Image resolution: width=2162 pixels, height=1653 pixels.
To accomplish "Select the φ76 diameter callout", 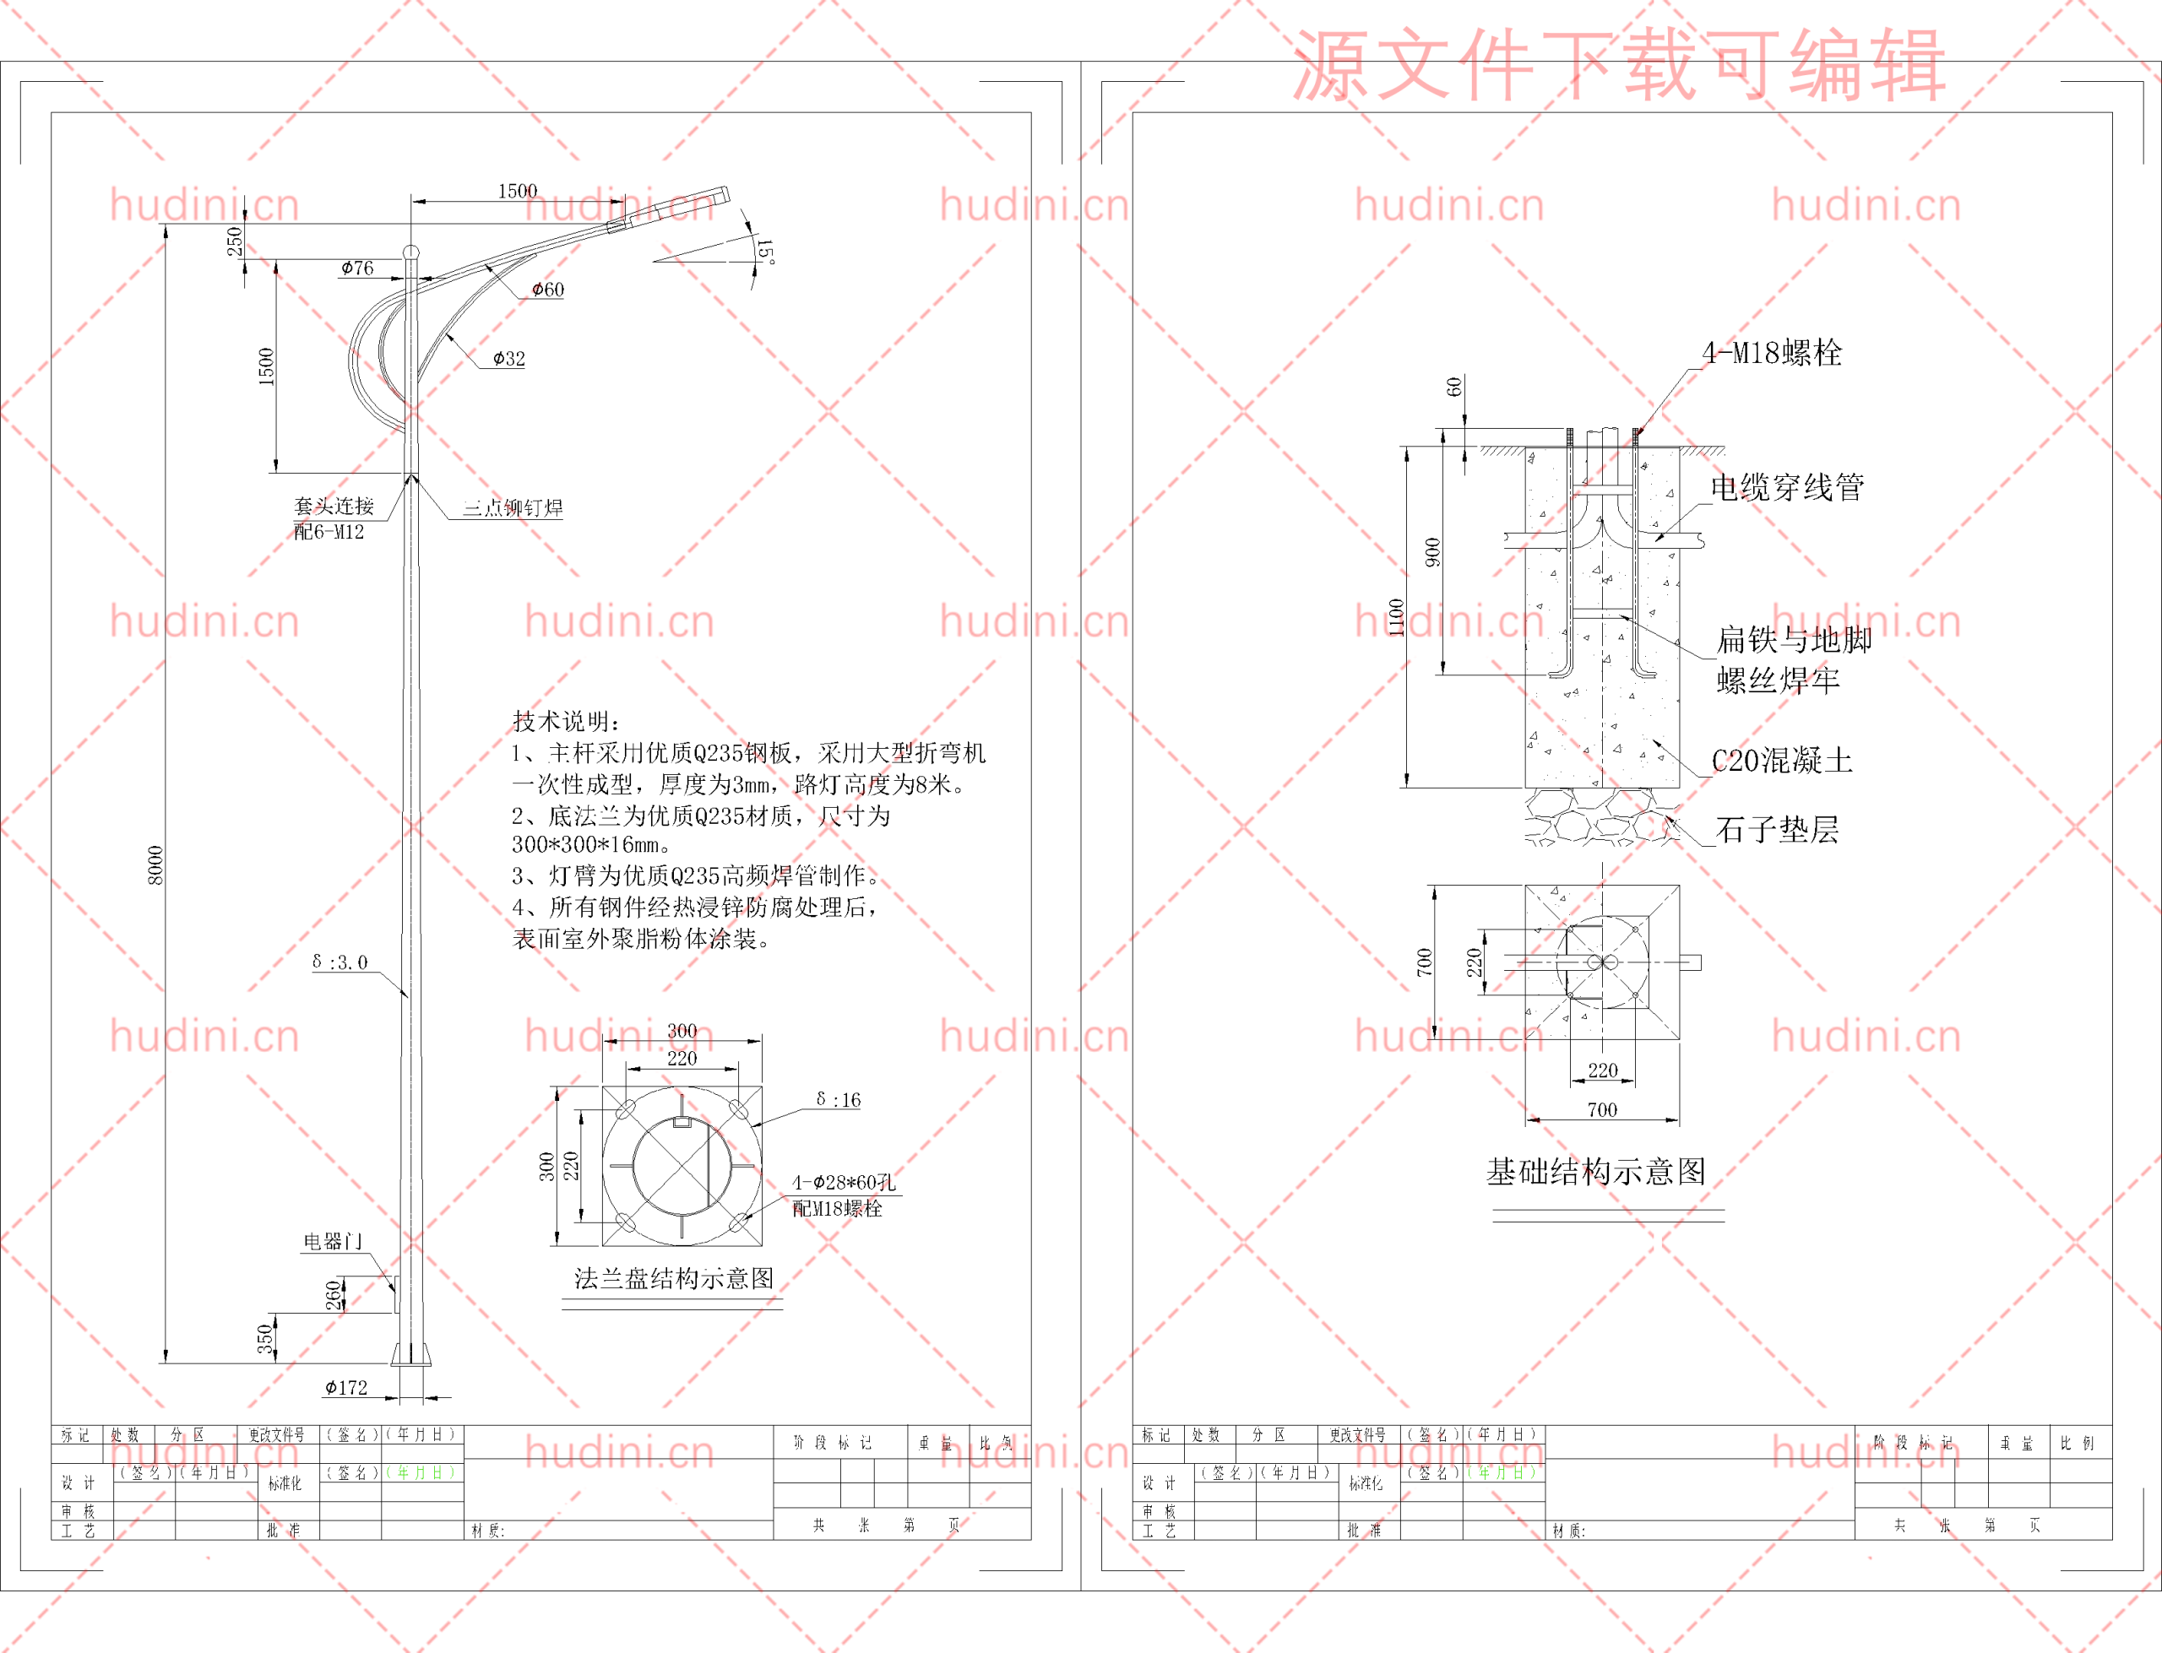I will coord(357,268).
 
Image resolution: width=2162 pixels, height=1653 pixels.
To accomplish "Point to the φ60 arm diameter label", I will coord(548,290).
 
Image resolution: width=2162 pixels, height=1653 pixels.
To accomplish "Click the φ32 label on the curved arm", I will coord(508,358).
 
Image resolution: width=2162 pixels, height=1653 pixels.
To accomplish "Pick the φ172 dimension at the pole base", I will coord(346,1387).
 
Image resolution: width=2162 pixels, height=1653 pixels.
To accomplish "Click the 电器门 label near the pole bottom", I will coord(333,1241).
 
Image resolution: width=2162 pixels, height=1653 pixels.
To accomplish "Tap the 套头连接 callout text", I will coord(334,506).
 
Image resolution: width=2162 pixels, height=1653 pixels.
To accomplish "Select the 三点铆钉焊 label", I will coord(513,507).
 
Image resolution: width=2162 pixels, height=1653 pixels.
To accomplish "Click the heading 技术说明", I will coord(566,720).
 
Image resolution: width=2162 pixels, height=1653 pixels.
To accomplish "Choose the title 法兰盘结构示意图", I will coord(674,1278).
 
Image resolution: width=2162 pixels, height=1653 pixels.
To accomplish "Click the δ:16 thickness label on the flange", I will coord(839,1100).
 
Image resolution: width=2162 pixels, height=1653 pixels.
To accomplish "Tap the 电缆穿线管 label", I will coord(1787,486).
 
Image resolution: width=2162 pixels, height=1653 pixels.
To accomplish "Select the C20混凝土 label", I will coord(1782,760).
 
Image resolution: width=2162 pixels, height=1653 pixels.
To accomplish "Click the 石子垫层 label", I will coord(1777,829).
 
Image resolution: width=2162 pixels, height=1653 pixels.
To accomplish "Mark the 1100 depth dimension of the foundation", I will coord(1396,617).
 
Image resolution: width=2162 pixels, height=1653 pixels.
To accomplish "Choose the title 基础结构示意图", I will coord(1596,1171).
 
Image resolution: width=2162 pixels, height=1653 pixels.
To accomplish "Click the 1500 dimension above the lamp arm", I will coord(518,191).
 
